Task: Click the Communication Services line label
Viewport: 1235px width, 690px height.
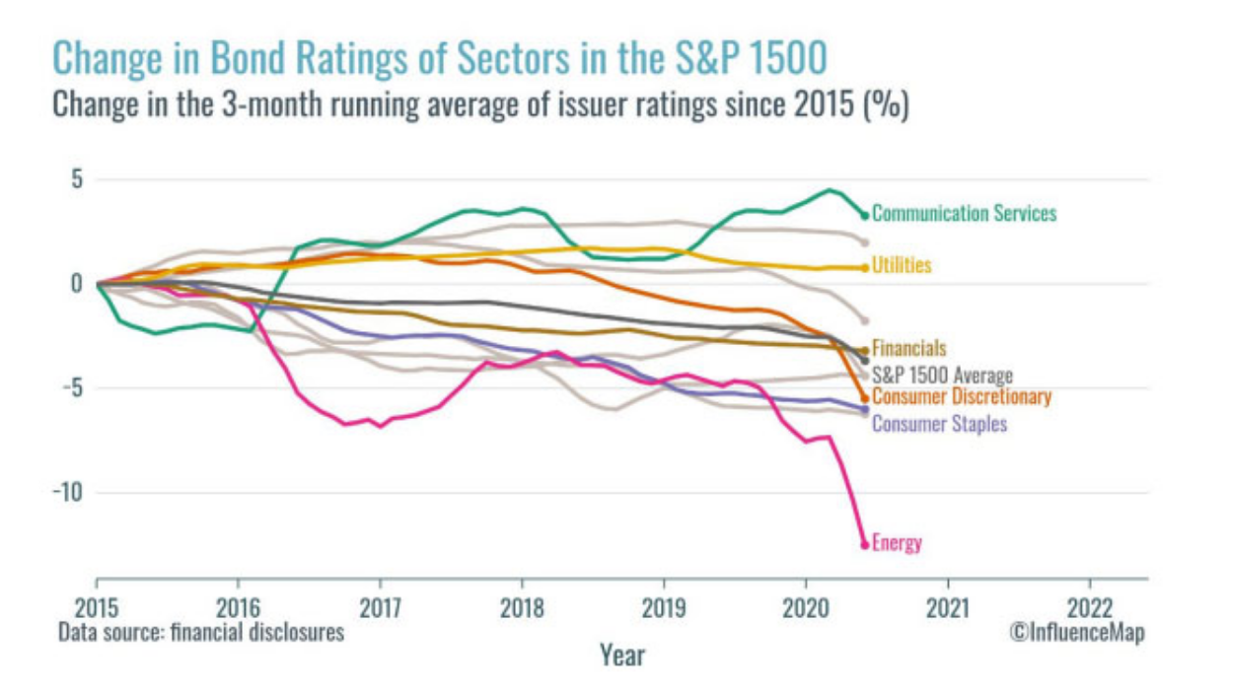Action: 964,213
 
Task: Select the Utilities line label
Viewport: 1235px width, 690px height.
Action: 902,266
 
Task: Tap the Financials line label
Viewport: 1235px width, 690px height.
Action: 908,348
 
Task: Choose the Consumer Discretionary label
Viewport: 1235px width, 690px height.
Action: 962,397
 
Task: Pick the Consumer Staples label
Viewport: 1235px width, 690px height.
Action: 939,423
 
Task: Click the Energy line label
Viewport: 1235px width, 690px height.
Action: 897,543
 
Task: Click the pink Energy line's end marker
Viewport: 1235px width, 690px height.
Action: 865,544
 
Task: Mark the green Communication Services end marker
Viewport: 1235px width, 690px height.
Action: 865,215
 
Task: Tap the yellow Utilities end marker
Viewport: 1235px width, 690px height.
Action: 865,267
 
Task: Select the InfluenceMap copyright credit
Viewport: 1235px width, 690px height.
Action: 1076,632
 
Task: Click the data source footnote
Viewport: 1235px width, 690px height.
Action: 200,632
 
